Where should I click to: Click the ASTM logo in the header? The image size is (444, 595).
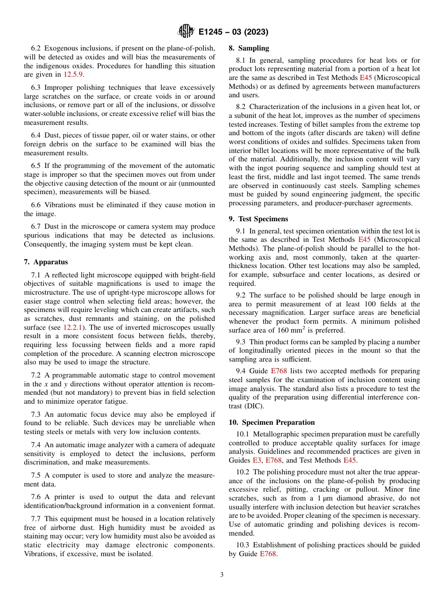click(x=186, y=32)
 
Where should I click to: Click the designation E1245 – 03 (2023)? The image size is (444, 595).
click(x=233, y=32)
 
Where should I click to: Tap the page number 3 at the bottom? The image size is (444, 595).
click(x=222, y=575)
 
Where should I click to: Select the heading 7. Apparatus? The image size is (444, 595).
click(x=46, y=262)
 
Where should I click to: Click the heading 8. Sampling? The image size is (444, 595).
click(x=249, y=48)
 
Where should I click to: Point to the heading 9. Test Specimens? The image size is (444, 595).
click(x=258, y=219)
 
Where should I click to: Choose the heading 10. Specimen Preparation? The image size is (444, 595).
click(x=272, y=422)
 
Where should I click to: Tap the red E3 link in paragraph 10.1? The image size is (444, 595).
click(x=257, y=460)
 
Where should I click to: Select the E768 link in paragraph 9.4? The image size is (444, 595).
click(x=279, y=371)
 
